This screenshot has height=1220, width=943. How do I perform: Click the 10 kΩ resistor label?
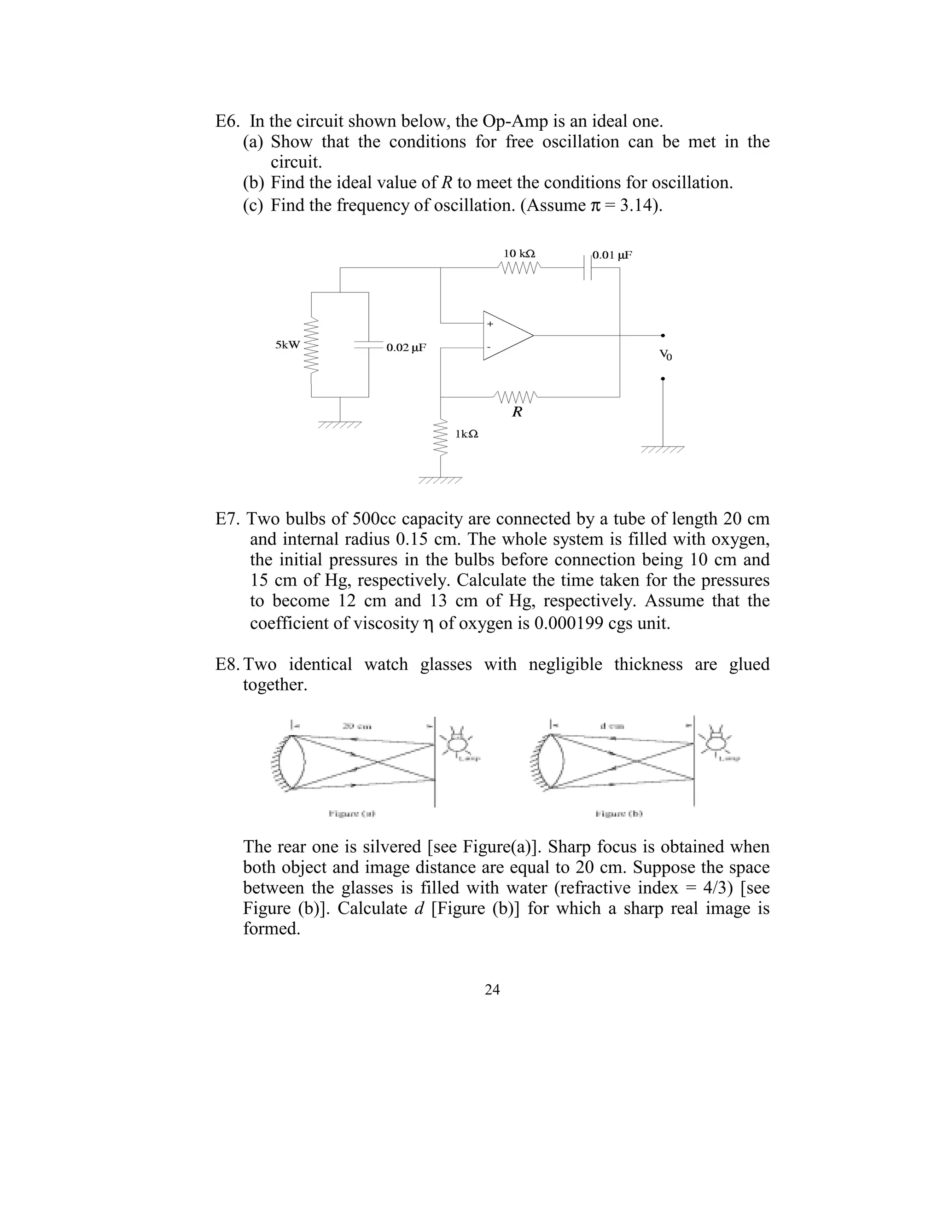click(x=519, y=254)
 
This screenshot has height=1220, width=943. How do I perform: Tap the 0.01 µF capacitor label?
click(x=612, y=256)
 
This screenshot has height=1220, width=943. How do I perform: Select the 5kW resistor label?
click(x=288, y=345)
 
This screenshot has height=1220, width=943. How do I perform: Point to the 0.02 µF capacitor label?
click(x=406, y=348)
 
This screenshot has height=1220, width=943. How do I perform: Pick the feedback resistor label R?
click(x=517, y=412)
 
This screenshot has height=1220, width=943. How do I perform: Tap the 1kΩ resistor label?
click(x=466, y=434)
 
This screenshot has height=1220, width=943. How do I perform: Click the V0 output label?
click(x=665, y=354)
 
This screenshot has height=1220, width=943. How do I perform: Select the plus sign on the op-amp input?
click(x=490, y=324)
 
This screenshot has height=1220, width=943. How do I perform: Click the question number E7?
click(x=227, y=519)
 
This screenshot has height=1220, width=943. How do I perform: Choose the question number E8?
click(x=227, y=664)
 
